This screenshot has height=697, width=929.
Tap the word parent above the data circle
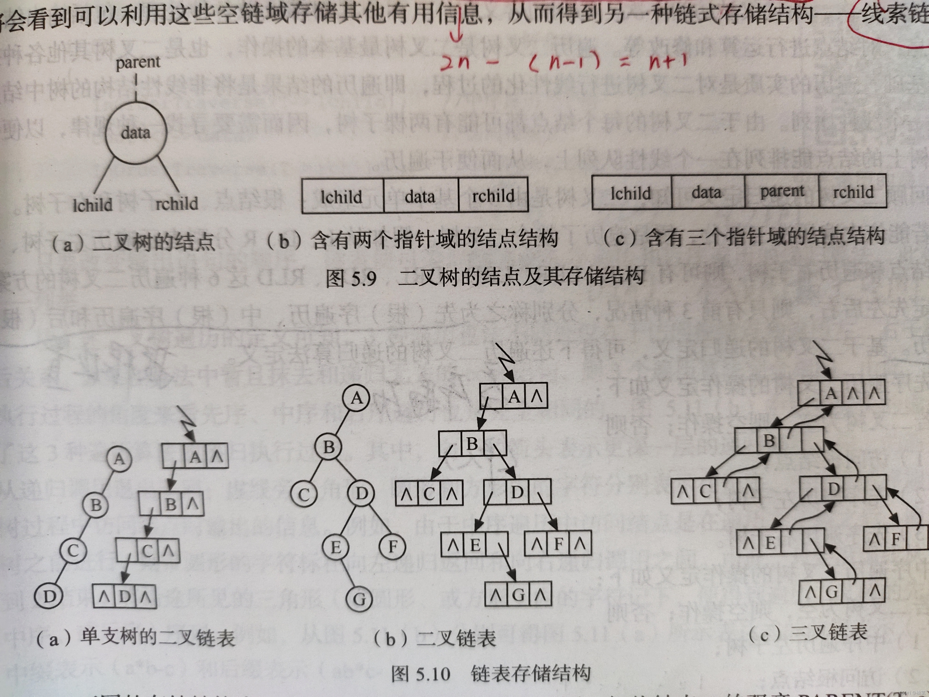pyautogui.click(x=138, y=62)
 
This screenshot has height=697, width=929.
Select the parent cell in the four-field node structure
pyautogui.click(x=782, y=192)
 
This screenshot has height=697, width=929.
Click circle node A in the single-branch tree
pyautogui.click(x=119, y=458)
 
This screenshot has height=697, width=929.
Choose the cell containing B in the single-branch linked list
pyautogui.click(x=170, y=504)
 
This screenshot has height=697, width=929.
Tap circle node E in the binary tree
pyautogui.click(x=336, y=547)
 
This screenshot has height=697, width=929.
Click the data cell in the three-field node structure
pyautogui.click(x=420, y=196)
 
